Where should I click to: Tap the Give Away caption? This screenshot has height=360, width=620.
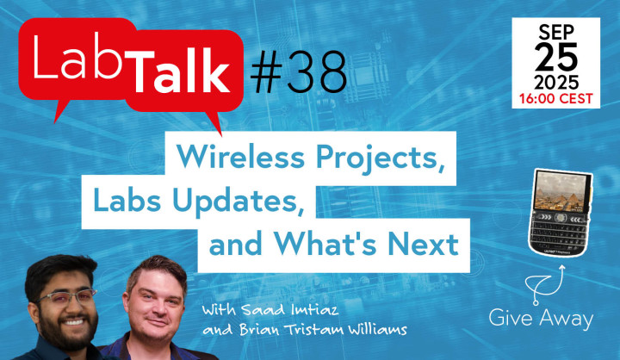click(541, 319)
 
